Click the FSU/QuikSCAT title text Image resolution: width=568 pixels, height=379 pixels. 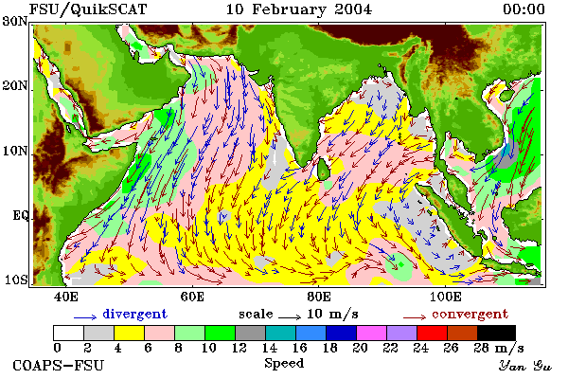88,9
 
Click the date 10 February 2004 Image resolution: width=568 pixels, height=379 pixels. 299,9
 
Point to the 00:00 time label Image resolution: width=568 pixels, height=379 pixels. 524,9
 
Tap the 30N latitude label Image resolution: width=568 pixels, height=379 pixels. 15,22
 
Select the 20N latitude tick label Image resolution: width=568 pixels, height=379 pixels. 15,86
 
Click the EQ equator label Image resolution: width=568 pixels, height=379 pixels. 20,215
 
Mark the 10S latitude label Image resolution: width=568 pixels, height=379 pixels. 15,280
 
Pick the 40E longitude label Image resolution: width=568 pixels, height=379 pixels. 65,297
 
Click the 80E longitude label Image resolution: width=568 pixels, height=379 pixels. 318,297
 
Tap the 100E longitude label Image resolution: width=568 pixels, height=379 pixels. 445,297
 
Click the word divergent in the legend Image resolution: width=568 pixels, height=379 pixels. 134,314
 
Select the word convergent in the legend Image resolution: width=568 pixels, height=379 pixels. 470,314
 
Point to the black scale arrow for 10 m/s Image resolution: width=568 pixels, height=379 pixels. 290,317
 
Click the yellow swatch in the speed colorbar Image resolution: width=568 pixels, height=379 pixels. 129,333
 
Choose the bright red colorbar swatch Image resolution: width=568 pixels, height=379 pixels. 433,333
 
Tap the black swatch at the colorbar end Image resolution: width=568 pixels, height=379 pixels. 497,333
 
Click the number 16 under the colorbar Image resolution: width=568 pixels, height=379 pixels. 299,348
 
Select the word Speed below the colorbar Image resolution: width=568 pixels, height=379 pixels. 284,364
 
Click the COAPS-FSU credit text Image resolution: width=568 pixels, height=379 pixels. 59,365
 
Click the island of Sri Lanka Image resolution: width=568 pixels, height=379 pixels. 324,171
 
